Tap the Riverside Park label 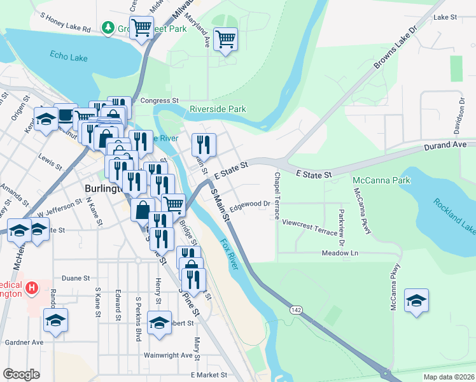pos(218,109)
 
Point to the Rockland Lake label pos(454,214)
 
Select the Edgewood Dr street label pos(251,206)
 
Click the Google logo pos(21,374)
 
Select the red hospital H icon pos(30,290)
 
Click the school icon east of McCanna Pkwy pos(416,301)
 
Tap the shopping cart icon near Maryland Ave pos(225,39)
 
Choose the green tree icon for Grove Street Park pos(108,28)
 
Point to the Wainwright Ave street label pos(168,355)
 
